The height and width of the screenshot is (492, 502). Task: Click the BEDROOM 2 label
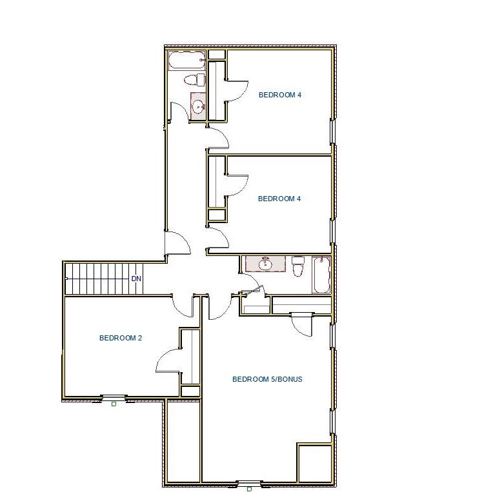tap(120, 338)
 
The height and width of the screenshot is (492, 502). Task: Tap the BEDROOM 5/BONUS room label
tap(267, 379)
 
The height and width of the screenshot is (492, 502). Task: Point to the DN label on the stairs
tap(136, 279)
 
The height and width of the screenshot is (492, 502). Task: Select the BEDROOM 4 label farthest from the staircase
tap(280, 95)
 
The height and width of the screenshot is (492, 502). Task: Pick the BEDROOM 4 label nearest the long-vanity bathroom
tap(279, 199)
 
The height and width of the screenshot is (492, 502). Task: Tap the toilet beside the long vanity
tap(297, 266)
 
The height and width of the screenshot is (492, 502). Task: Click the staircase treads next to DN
tap(97, 279)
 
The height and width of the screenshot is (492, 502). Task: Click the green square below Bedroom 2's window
tap(114, 404)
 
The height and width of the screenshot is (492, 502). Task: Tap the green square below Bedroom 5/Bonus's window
tap(249, 489)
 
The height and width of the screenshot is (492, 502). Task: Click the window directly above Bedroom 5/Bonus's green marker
tap(249, 482)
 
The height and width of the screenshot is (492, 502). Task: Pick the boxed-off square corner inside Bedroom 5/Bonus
tap(314, 462)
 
